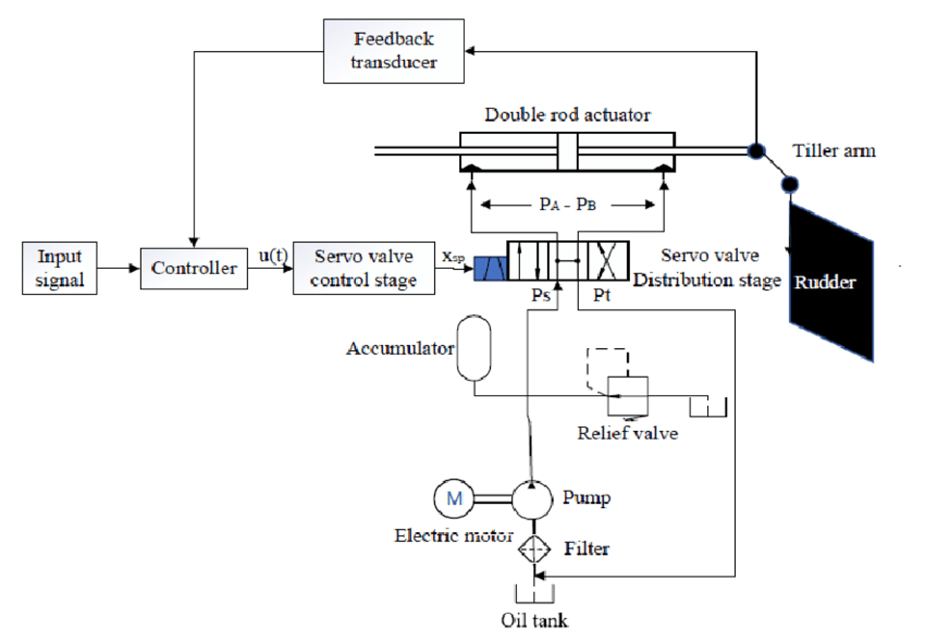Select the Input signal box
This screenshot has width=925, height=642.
coord(59,269)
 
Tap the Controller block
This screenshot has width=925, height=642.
coord(194,267)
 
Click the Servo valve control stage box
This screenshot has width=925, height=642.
coord(365,268)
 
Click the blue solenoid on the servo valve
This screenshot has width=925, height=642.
coord(489,268)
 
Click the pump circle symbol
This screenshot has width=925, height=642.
coord(533,498)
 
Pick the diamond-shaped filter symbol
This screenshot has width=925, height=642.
coord(534,549)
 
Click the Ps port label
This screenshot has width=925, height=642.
coord(540,295)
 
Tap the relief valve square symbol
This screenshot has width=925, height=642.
coord(628,395)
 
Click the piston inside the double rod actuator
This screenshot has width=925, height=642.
coord(567,151)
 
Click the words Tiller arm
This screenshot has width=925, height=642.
coord(834,151)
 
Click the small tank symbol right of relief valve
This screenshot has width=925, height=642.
coord(708,406)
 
